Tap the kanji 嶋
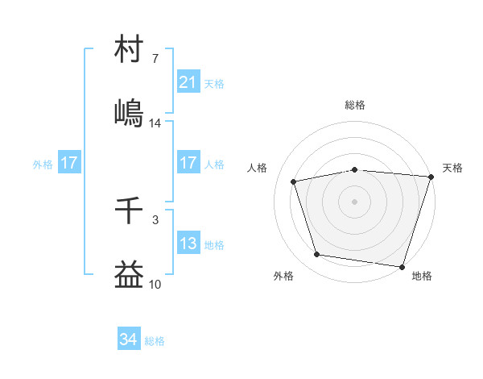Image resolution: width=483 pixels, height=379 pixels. tap(130, 113)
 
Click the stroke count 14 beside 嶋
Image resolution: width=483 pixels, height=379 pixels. tap(155, 123)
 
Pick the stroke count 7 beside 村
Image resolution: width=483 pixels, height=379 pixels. tap(155, 59)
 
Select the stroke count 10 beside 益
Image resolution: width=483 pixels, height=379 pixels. tap(155, 284)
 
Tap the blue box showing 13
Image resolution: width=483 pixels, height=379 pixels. tap(188, 244)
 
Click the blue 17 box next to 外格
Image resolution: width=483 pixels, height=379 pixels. tap(69, 163)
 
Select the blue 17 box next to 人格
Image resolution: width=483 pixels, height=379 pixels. tap(188, 163)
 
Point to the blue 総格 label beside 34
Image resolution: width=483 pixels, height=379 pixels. tap(155, 341)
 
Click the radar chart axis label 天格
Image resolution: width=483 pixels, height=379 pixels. tap(453, 168)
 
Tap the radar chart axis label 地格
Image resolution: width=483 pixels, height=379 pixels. tap(422, 277)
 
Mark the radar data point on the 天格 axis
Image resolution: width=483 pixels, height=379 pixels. tap(431, 177)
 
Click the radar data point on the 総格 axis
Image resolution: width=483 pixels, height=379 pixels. tap(355, 169)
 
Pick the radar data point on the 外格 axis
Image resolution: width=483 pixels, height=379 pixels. tap(317, 255)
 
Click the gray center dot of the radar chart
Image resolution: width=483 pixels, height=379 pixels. tap(355, 202)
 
